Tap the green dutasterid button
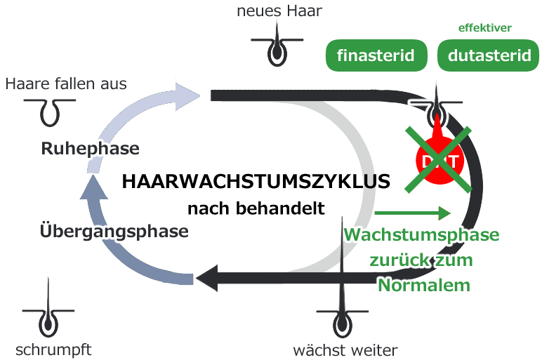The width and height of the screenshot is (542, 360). coord(489,55)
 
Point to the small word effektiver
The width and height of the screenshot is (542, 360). coord(484,28)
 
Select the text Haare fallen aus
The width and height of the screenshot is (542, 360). coord(66,84)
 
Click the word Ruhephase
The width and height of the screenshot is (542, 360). coord(90,149)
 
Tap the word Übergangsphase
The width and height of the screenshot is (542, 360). coord(114,230)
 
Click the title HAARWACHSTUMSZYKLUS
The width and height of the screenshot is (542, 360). coord(256,182)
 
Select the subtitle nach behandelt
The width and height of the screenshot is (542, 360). coord(256,208)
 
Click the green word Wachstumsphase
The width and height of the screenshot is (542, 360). coord(422,234)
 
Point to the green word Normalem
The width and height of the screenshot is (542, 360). coord(423,285)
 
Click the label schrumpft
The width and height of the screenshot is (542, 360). coord(53,349)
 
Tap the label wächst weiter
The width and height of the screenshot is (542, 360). coord(345,349)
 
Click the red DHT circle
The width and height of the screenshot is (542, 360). coord(440,161)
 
